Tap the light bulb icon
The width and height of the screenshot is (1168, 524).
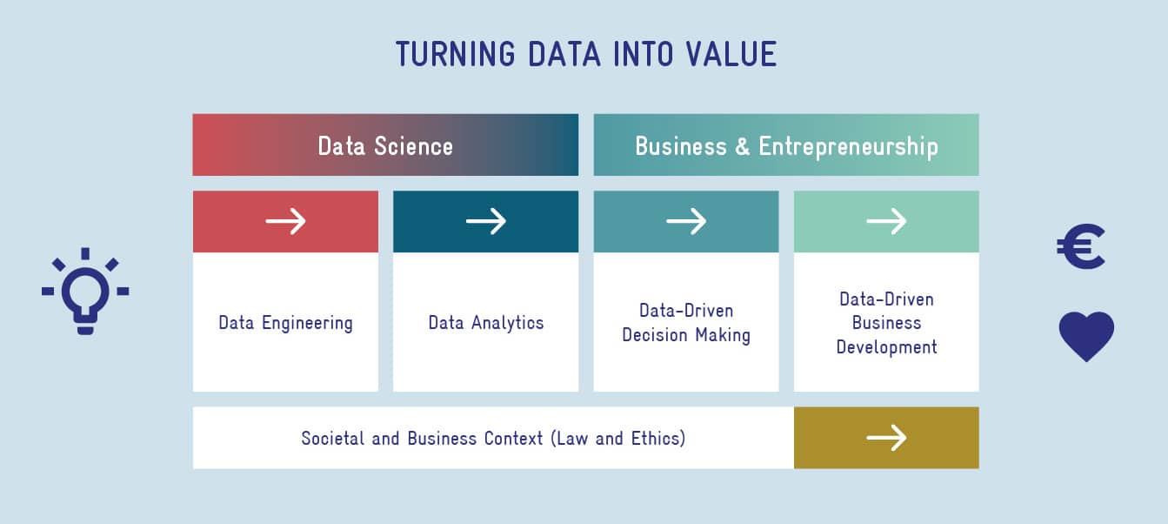point(85,292)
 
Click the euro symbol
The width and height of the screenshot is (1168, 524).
point(1080,247)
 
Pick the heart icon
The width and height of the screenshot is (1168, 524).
point(1086,336)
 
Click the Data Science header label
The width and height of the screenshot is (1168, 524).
point(385,146)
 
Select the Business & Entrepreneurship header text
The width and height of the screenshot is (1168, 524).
point(786,146)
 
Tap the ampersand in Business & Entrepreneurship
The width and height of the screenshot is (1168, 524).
point(743,146)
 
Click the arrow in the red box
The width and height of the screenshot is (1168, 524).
point(286,221)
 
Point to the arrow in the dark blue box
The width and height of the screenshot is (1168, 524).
point(486,221)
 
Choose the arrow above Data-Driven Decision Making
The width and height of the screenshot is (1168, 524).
point(686,221)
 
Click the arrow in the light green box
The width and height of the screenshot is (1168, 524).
point(886,221)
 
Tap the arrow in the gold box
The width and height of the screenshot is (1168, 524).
point(886,437)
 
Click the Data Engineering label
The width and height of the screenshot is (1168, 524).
point(286,323)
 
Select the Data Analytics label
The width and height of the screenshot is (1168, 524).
point(486,323)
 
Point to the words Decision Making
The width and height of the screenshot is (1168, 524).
point(686,335)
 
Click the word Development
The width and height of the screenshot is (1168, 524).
point(886,347)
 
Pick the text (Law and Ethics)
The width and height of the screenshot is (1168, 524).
point(617,438)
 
